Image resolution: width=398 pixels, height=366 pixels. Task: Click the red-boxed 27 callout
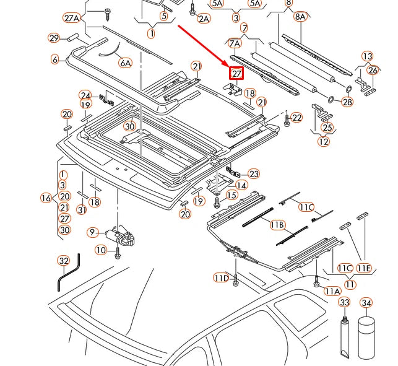pyautogui.click(x=236, y=74)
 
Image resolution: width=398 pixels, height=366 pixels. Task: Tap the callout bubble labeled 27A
pyautogui.click(x=72, y=18)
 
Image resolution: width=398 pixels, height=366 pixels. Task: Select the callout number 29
pyautogui.click(x=55, y=38)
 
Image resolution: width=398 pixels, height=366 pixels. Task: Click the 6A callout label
pyautogui.click(x=126, y=63)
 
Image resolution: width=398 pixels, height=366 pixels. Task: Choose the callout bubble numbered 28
pyautogui.click(x=347, y=102)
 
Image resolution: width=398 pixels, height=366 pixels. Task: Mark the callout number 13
pyautogui.click(x=368, y=56)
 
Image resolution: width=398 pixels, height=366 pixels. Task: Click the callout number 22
pyautogui.click(x=296, y=118)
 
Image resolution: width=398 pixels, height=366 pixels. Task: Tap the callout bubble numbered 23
pyautogui.click(x=254, y=174)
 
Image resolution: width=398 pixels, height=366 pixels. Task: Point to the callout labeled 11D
pyautogui.click(x=222, y=277)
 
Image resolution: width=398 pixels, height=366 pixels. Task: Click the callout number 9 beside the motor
pyautogui.click(x=93, y=232)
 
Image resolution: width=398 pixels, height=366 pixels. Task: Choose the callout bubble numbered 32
pyautogui.click(x=64, y=261)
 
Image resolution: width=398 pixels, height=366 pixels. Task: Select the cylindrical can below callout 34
pyautogui.click(x=366, y=338)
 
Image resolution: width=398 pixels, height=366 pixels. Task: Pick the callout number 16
pyautogui.click(x=46, y=198)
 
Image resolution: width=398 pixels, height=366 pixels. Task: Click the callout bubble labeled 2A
pyautogui.click(x=204, y=19)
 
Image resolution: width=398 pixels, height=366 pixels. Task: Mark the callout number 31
pyautogui.click(x=81, y=211)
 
